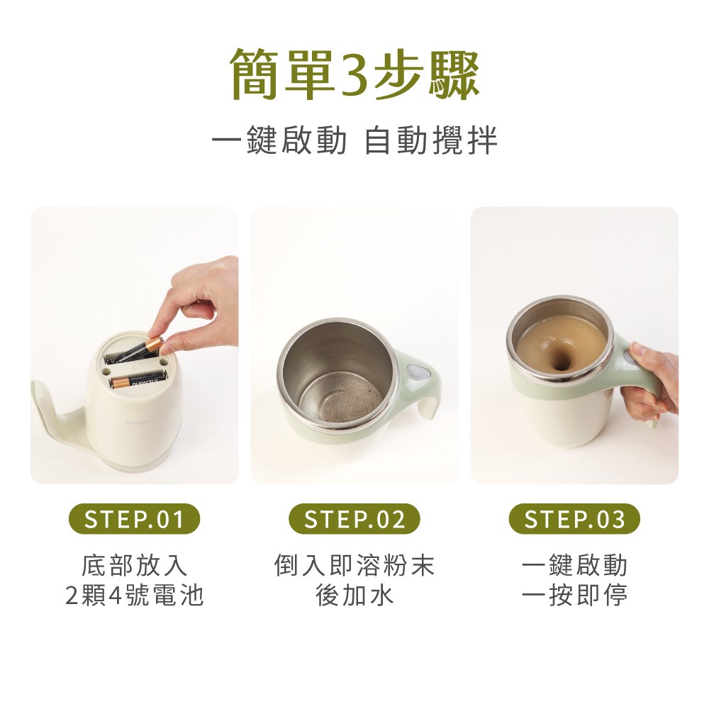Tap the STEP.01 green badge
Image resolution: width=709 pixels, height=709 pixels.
134,520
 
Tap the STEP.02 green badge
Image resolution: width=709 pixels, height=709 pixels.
354,520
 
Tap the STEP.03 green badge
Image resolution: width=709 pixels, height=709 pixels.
574,520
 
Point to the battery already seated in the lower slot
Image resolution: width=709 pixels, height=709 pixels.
138,381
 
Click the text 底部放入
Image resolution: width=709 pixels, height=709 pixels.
134,566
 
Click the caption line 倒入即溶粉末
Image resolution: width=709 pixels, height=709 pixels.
354,566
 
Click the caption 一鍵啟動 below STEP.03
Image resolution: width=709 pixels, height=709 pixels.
574,566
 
